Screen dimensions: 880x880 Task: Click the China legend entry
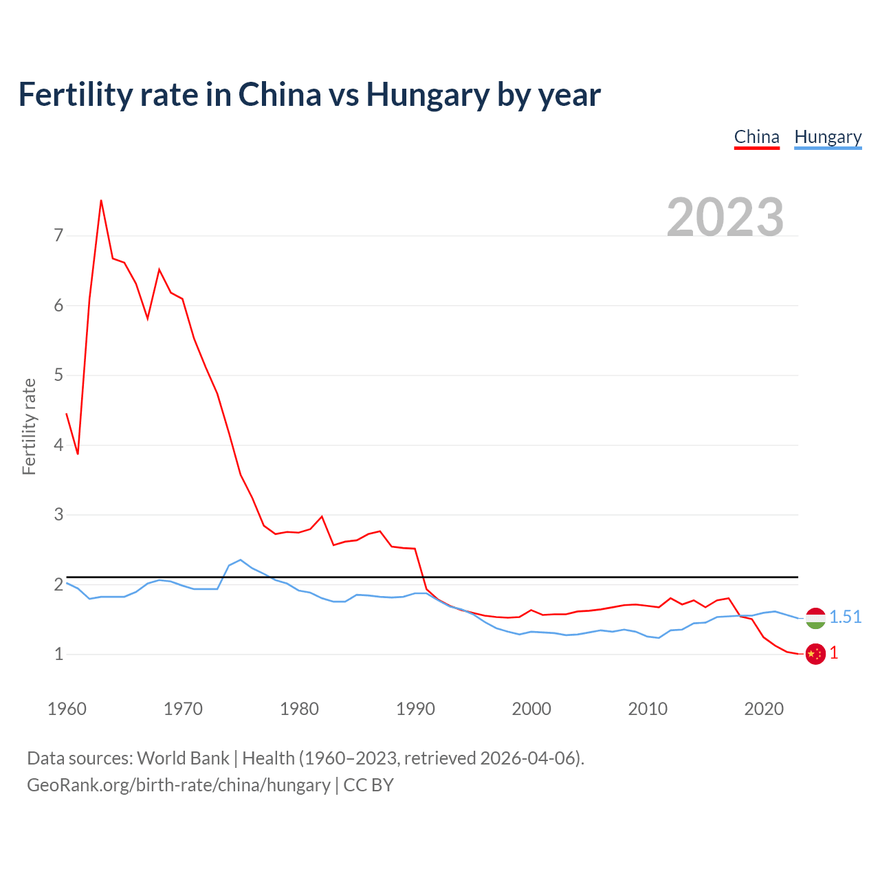[756, 137]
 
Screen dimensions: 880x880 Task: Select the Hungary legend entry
[828, 137]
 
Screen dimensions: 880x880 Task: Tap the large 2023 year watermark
[725, 217]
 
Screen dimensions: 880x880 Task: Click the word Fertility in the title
[75, 94]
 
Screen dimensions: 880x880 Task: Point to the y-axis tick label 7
[58, 236]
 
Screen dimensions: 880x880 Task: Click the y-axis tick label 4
[58, 445]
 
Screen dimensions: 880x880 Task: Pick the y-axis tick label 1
[58, 654]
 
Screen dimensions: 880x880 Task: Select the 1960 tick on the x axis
[67, 709]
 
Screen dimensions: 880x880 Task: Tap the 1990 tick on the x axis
[415, 709]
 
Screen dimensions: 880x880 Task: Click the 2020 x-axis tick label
[764, 709]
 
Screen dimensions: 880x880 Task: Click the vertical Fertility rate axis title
[29, 426]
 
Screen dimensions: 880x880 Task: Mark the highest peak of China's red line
[101, 201]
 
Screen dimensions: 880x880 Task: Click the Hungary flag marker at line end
[815, 618]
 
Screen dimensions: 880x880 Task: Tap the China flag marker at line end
[815, 654]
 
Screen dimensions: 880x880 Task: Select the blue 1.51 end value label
[845, 617]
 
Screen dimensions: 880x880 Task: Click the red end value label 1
[834, 653]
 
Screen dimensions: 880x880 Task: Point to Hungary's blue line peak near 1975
[240, 560]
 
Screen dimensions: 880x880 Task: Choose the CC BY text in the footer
[368, 785]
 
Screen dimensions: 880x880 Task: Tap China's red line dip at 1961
[78, 454]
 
